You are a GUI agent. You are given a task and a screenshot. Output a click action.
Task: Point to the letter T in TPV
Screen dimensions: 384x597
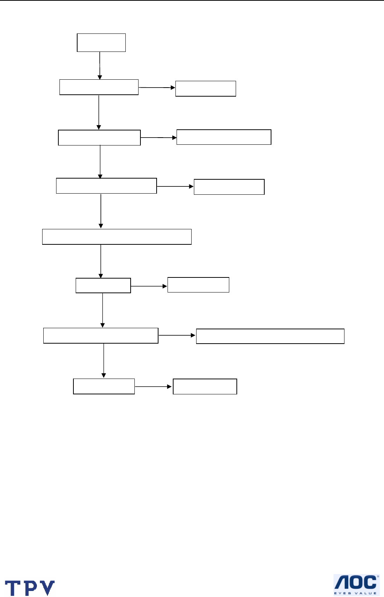click(x=13, y=588)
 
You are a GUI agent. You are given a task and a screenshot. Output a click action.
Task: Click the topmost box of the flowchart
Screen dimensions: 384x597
click(x=101, y=42)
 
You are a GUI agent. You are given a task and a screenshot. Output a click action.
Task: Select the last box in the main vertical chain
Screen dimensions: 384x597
click(x=104, y=386)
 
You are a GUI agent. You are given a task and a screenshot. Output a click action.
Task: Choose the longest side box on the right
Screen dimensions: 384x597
click(x=270, y=336)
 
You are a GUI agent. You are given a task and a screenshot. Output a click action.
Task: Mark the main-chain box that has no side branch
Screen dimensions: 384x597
click(x=117, y=237)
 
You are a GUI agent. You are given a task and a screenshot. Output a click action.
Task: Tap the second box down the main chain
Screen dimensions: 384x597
click(x=99, y=87)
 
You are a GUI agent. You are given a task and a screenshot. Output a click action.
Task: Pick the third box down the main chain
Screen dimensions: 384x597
click(x=99, y=138)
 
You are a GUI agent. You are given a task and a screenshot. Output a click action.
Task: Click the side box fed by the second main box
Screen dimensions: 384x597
click(x=206, y=89)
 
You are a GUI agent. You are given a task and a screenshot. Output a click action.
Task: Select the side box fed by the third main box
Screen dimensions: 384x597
click(x=224, y=137)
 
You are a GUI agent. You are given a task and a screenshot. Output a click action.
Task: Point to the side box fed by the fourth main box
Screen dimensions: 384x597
click(x=229, y=187)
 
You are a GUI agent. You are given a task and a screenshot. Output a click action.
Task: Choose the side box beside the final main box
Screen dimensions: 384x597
click(x=205, y=386)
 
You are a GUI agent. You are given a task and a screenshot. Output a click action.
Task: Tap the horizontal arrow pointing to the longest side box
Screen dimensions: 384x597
click(x=177, y=335)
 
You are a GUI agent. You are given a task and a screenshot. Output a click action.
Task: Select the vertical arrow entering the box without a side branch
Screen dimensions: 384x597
click(x=101, y=211)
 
